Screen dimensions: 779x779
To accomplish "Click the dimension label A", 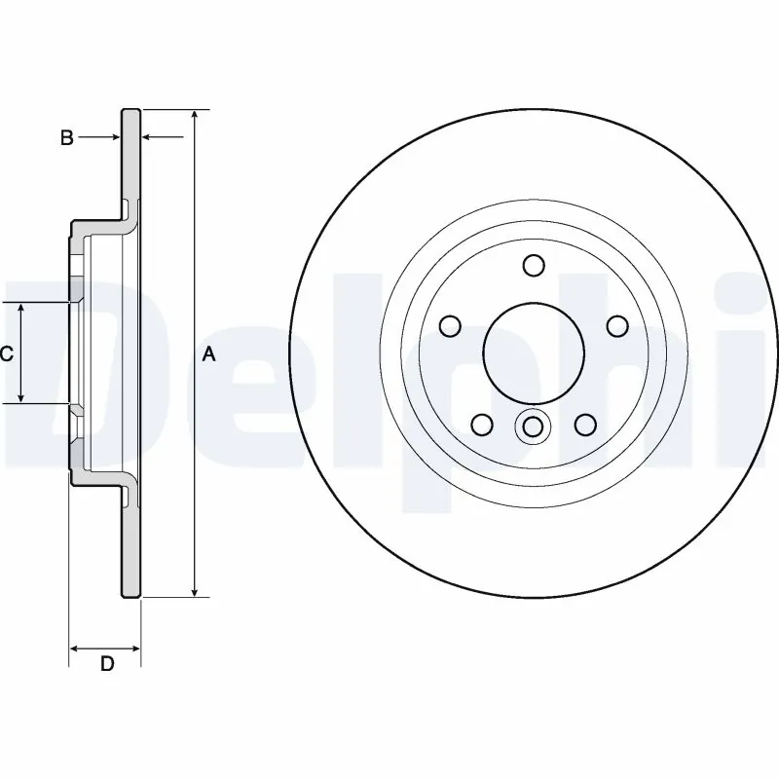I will point(207,355).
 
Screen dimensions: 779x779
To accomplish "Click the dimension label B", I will point(66,138).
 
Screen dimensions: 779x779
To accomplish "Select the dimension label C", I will point(6,353).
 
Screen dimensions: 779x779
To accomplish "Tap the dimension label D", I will point(107,664).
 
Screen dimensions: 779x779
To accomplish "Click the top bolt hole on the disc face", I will point(533,265).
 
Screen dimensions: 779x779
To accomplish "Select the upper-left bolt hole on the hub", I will point(451,325).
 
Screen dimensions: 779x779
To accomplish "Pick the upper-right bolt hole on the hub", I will point(615,325).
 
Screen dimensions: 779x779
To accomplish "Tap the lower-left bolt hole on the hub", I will point(481,424).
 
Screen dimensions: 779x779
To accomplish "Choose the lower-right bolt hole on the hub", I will point(584,424).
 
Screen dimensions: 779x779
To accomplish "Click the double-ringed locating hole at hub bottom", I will point(533,427).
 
